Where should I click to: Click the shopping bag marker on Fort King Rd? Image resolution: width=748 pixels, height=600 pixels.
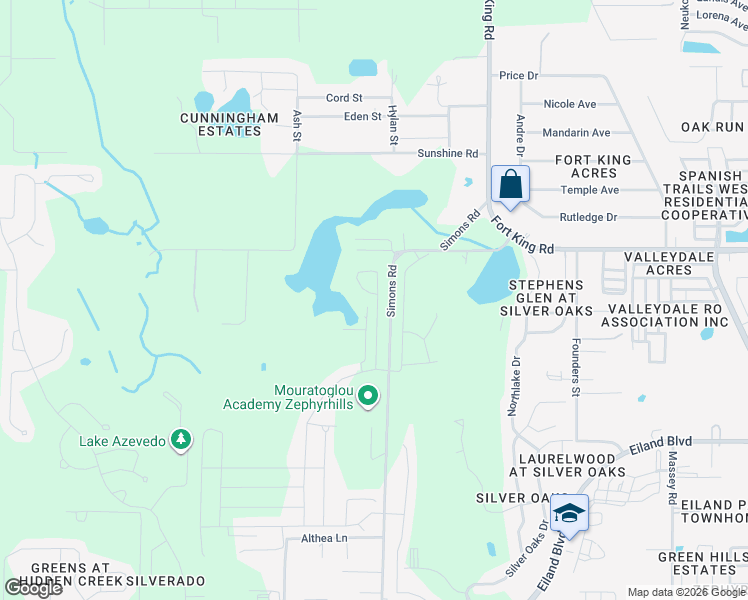(x=510, y=186)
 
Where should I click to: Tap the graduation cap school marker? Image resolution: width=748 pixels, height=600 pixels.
(x=569, y=513)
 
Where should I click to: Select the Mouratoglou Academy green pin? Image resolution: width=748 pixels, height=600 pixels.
(x=368, y=397)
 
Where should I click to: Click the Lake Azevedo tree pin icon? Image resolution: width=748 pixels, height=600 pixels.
(x=181, y=440)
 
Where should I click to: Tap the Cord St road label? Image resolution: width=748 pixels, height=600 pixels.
(x=344, y=98)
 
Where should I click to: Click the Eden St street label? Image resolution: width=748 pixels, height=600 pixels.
(x=363, y=116)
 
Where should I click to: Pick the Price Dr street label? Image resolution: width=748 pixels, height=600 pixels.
(x=518, y=76)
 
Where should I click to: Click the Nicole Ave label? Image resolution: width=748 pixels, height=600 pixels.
(x=569, y=104)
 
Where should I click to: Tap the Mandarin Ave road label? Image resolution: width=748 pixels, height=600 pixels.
(x=576, y=132)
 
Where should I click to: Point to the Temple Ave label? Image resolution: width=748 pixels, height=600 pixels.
(x=590, y=190)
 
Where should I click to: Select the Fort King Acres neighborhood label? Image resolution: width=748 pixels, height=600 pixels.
(x=593, y=166)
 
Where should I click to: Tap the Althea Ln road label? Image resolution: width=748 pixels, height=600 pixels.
(x=324, y=538)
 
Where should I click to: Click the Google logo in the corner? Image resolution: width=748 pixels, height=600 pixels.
(x=34, y=588)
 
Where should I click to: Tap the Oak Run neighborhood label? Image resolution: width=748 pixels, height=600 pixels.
(x=713, y=127)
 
